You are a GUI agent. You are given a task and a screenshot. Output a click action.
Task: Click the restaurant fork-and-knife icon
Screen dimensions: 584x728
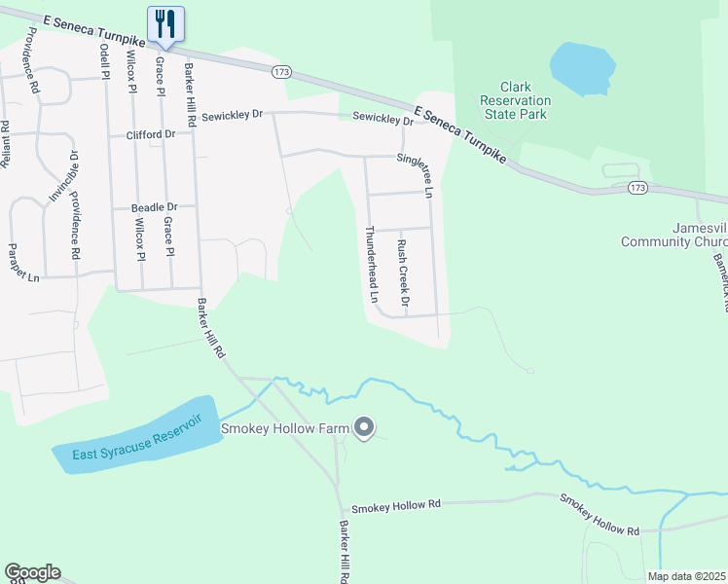coord(164,22)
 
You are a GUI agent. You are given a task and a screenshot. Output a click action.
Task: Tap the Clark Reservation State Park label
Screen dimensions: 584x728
coord(514,100)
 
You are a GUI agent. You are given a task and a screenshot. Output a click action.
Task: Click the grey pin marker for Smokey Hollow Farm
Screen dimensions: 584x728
coord(364,427)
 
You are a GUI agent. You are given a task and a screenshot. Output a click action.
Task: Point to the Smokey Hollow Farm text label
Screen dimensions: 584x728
coord(285,428)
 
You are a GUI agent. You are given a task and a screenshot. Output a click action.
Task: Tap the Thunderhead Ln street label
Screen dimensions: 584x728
coord(370,263)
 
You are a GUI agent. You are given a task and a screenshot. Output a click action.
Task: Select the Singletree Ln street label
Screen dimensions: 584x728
coord(426,175)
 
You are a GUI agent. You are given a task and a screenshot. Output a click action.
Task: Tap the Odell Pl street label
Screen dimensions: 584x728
coord(103,60)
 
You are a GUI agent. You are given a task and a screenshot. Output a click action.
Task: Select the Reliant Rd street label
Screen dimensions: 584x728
coord(5,144)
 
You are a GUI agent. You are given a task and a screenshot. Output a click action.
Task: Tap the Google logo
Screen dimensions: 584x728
coord(32,572)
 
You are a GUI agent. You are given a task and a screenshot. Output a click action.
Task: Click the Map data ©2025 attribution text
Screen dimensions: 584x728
coord(685,576)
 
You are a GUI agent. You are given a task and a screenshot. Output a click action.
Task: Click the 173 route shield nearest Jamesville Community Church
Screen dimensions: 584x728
coord(637,186)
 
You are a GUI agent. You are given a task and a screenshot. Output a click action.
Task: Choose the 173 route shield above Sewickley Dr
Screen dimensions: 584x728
coord(281,72)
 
